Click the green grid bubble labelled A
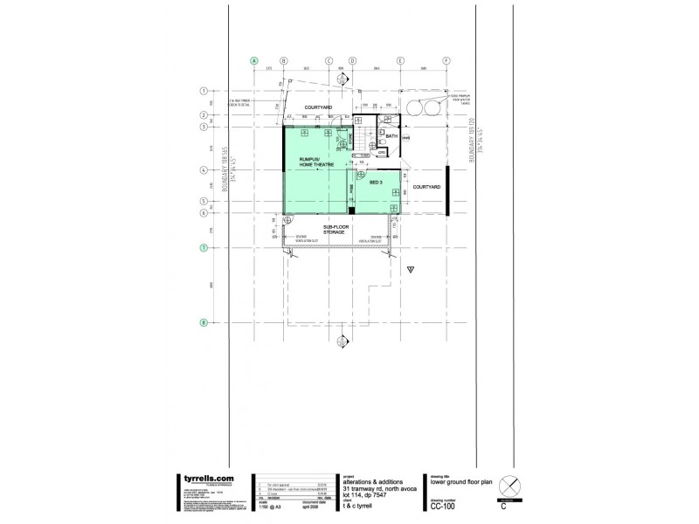pos(254,61)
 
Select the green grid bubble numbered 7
pos(203,249)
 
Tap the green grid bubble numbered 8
pos(203,322)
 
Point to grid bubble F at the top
pos(446,61)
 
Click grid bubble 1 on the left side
pos(203,90)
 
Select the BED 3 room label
pos(377,183)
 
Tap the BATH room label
pos(391,136)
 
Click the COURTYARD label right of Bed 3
pos(426,186)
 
